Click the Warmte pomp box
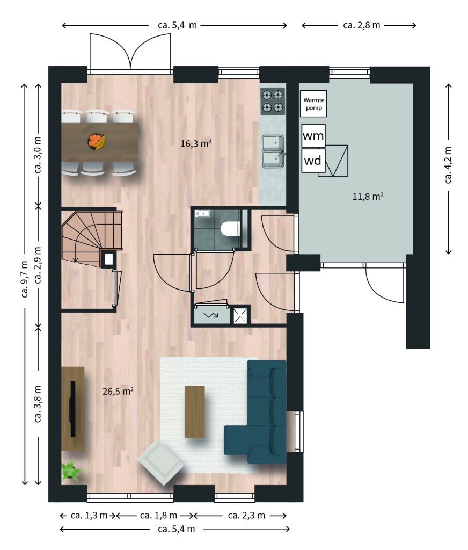coord(313,104)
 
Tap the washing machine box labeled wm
coord(313,136)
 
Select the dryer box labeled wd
coord(313,161)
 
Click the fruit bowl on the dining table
coord(97,142)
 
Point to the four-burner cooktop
coord(273,101)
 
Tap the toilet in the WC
coord(230,229)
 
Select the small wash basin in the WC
coord(203,213)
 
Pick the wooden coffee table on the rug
coord(195,412)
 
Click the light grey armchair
coord(160,462)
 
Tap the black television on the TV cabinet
coord(73,409)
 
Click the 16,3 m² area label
coord(196,143)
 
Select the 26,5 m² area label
coord(118,391)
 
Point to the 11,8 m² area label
coord(368,196)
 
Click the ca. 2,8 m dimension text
coord(361,25)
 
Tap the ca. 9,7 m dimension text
coord(24,279)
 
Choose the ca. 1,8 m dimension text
coord(158,515)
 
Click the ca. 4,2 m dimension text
coord(448,165)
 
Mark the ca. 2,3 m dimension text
coord(246,515)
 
